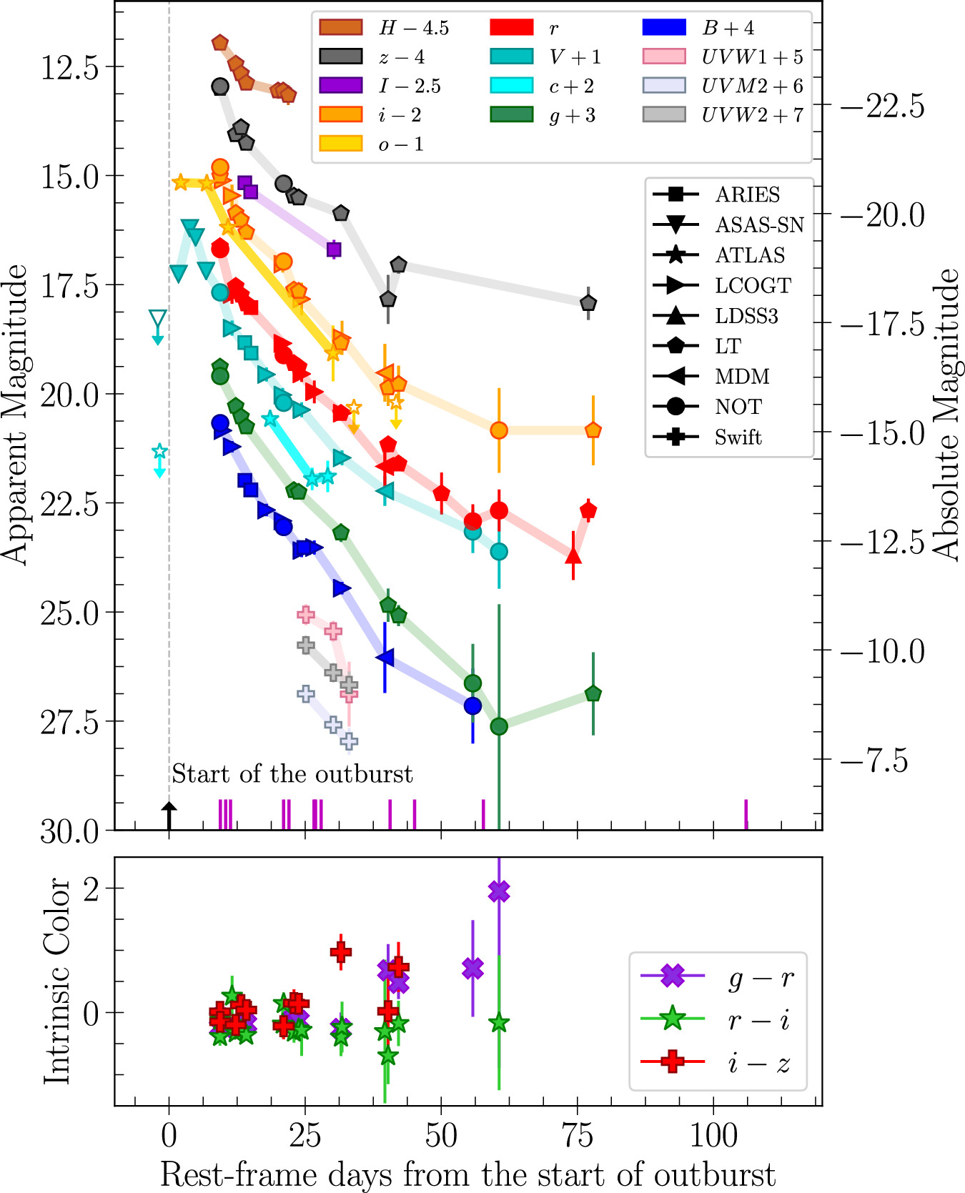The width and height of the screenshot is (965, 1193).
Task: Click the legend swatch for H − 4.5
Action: click(x=340, y=28)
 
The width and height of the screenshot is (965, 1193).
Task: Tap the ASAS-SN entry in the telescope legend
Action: click(x=759, y=225)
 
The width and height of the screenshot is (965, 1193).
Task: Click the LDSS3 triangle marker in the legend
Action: click(x=675, y=316)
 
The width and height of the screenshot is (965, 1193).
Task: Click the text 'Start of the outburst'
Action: click(x=292, y=774)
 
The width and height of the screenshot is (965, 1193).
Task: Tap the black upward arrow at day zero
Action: click(x=169, y=815)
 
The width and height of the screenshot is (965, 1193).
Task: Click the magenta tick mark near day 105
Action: click(x=746, y=814)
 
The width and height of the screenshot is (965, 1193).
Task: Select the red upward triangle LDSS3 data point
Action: click(x=573, y=555)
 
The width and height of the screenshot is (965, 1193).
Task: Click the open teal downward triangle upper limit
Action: click(x=158, y=319)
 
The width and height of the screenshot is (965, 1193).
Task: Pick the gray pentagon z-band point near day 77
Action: click(x=588, y=303)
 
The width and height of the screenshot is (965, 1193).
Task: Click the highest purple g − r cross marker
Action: click(x=499, y=891)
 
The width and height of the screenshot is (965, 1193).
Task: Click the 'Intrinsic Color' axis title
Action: click(x=57, y=981)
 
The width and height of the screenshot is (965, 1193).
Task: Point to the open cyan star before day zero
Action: click(x=159, y=452)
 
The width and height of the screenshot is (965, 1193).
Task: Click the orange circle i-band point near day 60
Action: click(x=499, y=430)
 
